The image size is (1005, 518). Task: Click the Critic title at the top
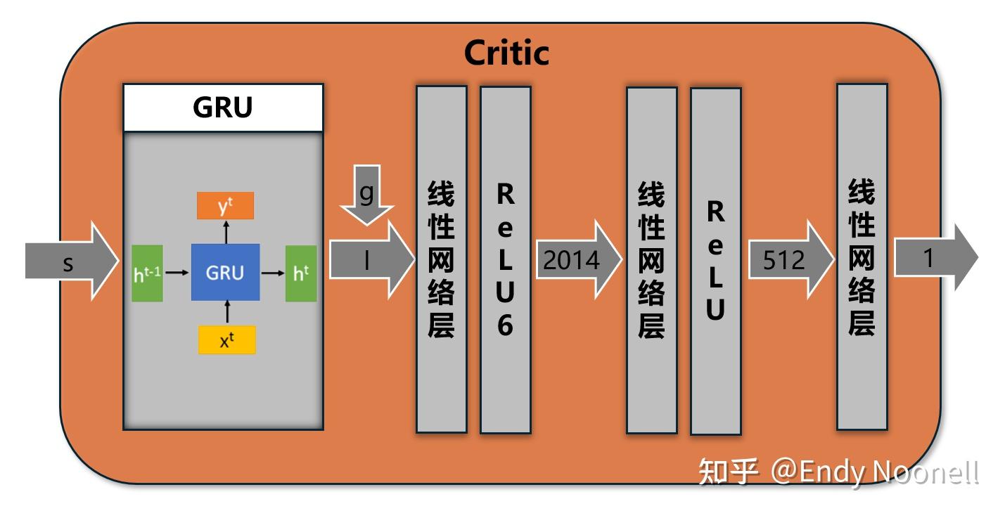[506, 53]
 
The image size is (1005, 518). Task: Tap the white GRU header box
[223, 108]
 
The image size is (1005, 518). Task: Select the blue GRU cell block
[225, 273]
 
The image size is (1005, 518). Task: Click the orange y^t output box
[226, 205]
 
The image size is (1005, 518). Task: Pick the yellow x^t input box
[226, 340]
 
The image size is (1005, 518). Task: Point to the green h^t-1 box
[147, 273]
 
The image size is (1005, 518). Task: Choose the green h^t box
[300, 273]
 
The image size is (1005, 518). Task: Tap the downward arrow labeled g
[366, 195]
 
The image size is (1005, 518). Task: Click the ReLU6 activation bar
[505, 260]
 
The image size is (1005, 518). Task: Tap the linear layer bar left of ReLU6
[441, 260]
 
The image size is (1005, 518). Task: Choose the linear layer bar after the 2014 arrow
[651, 260]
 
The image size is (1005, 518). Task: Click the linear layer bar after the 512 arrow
[862, 257]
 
